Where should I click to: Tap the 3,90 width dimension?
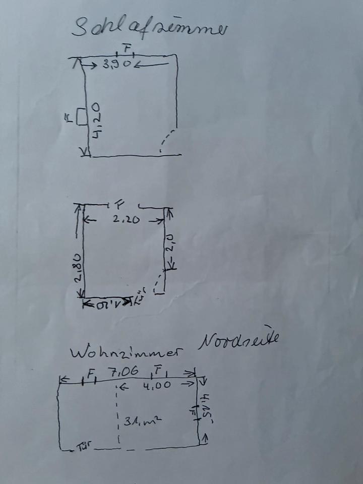[117, 64]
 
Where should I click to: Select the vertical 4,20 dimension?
[96, 121]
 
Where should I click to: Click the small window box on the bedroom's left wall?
[81, 117]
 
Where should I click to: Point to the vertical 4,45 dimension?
[206, 408]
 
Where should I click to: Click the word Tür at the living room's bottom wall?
[83, 447]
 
